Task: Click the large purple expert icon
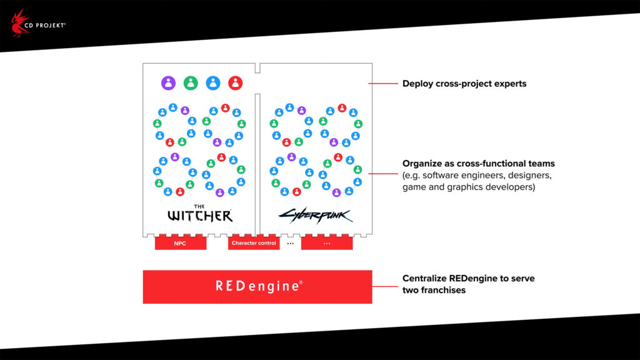pyautogui.click(x=168, y=83)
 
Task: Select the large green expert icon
pyautogui.click(x=191, y=83)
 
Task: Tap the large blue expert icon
pyautogui.click(x=213, y=83)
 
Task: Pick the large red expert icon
pyautogui.click(x=236, y=83)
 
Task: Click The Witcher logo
pyautogui.click(x=200, y=214)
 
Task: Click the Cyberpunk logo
pyautogui.click(x=315, y=216)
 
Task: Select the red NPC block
pyautogui.click(x=180, y=243)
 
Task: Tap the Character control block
pyautogui.click(x=254, y=243)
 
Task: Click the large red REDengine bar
pyautogui.click(x=257, y=287)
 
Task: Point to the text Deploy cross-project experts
pyautogui.click(x=464, y=83)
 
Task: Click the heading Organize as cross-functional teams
pyautogui.click(x=479, y=164)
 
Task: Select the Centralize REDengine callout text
pyautogui.click(x=468, y=284)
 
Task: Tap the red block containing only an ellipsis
pyautogui.click(x=327, y=243)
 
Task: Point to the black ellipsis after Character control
pyautogui.click(x=290, y=243)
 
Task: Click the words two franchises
pyautogui.click(x=434, y=290)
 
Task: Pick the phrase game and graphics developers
pyautogui.click(x=468, y=186)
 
